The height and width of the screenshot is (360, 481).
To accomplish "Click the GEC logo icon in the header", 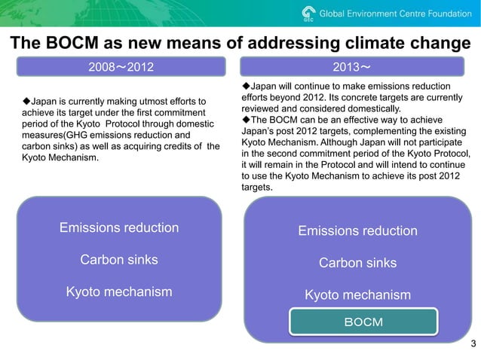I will point(308,14).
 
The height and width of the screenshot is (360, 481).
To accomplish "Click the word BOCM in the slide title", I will point(65,44).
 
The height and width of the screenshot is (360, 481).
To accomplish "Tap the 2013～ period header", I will point(351,68).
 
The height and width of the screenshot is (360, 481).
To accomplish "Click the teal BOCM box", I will point(363,322).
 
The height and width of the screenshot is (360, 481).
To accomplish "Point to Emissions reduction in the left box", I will point(119,227).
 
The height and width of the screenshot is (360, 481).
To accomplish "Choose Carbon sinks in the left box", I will point(119,260).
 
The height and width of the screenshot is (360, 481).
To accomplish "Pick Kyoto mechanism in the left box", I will point(119,291).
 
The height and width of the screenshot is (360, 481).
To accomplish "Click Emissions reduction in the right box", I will point(357,230).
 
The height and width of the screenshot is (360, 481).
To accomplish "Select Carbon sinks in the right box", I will point(357,263).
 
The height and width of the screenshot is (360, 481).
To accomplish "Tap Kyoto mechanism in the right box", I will point(357,295).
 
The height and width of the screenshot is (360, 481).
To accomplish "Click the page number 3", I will point(473,345).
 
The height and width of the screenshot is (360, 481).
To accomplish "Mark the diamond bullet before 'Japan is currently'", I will point(26,101).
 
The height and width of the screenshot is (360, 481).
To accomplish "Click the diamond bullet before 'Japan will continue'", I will point(245,86).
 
